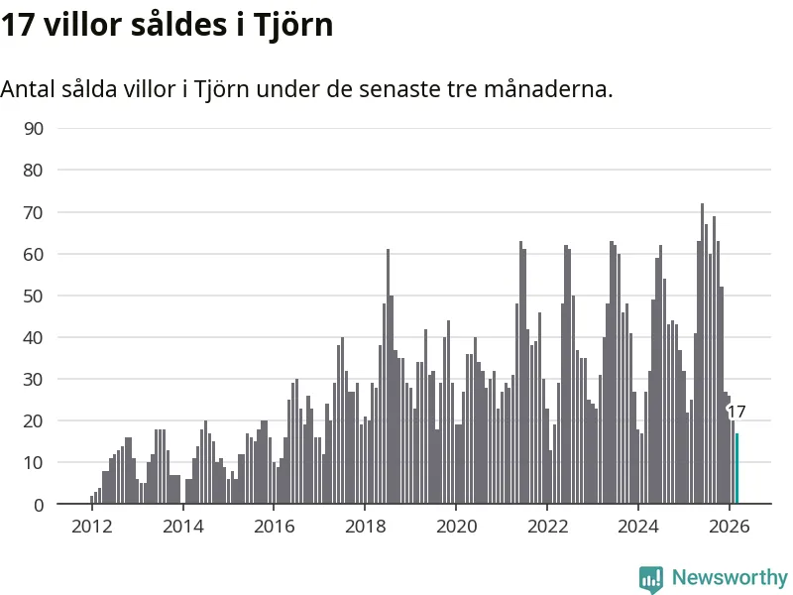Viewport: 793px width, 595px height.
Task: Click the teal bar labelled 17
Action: click(736, 469)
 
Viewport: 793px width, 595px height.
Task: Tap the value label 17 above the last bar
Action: click(736, 413)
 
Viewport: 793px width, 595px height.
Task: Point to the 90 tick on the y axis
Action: click(34, 128)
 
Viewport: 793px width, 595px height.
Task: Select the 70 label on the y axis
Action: click(34, 212)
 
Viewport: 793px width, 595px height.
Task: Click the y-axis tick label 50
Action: click(34, 296)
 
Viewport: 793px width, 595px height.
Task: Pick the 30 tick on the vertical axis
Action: click(34, 379)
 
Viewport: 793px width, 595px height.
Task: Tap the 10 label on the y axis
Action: click(34, 463)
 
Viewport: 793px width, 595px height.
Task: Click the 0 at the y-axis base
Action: click(39, 505)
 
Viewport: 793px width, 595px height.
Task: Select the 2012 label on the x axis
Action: click(91, 527)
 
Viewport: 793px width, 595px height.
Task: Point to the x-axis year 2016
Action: click(274, 527)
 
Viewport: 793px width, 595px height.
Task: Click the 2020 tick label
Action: click(456, 527)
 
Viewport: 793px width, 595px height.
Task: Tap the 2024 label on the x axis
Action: click(638, 527)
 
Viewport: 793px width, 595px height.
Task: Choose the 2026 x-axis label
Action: click(730, 527)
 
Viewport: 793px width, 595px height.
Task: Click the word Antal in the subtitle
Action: click(31, 89)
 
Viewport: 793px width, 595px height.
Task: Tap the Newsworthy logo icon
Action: click(651, 578)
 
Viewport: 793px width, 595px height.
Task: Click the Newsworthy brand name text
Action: click(730, 577)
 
